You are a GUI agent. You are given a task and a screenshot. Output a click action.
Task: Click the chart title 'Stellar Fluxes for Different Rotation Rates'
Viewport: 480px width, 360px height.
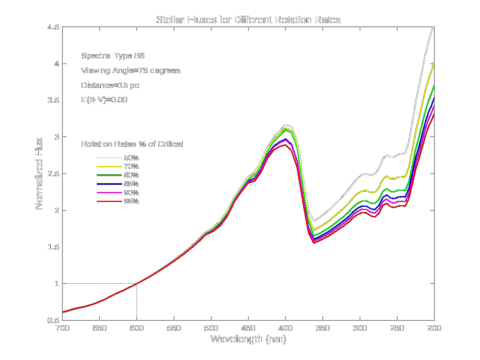[x=248, y=20]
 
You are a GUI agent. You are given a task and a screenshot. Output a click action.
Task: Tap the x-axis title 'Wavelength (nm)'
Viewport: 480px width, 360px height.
[x=248, y=339]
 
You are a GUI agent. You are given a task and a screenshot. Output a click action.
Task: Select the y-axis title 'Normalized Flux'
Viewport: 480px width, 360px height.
[x=39, y=174]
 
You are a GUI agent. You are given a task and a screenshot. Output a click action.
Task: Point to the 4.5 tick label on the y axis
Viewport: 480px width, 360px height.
[x=53, y=27]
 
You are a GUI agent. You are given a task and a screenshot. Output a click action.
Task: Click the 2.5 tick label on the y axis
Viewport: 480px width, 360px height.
[x=53, y=174]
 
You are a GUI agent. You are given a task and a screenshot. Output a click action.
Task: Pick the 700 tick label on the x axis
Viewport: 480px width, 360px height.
[x=62, y=328]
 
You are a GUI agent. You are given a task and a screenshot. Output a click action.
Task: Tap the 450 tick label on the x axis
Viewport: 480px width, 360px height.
[x=248, y=328]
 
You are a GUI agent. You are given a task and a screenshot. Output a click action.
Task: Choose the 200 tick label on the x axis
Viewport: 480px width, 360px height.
[x=434, y=328]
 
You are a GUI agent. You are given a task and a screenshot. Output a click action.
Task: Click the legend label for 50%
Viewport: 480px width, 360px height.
[x=131, y=158]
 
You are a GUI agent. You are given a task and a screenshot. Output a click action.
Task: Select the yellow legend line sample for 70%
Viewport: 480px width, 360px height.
[x=109, y=166]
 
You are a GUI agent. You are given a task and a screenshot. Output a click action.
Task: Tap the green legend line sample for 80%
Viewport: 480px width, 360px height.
[x=109, y=175]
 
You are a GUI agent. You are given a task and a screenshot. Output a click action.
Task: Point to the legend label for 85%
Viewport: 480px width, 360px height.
[x=131, y=184]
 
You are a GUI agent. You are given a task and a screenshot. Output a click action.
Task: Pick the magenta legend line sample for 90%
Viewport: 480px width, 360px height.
[x=109, y=193]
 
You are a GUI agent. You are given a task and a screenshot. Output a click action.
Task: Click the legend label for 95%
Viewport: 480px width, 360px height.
[x=131, y=201]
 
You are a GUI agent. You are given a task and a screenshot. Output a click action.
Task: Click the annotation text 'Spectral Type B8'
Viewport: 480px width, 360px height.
[x=113, y=56]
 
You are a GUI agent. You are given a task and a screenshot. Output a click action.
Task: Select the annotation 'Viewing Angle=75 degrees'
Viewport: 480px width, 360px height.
[x=130, y=70]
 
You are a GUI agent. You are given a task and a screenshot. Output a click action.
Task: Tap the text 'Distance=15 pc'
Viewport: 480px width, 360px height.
[x=110, y=85]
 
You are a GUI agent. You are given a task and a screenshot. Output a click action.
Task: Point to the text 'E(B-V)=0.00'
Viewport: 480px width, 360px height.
[x=104, y=100]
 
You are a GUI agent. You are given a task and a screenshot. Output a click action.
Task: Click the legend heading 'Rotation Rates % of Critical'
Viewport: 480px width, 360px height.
[x=132, y=144]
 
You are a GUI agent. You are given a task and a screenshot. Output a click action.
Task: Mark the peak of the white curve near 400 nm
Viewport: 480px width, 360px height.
[x=286, y=125]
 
